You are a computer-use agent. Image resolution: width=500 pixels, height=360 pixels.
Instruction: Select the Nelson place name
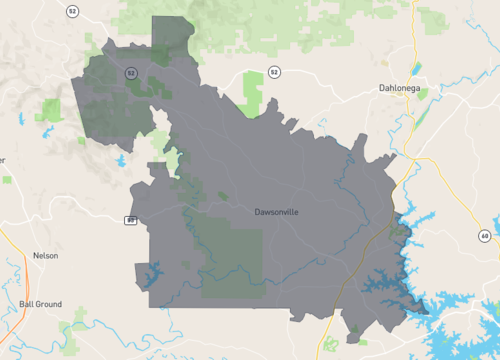pos(45,255)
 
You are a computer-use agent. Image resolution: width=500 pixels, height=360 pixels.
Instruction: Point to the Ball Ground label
pos(40,304)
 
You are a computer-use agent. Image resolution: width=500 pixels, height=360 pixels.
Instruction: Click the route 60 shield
pos(483,235)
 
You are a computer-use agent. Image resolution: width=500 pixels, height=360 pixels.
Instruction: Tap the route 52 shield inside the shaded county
pos(130,72)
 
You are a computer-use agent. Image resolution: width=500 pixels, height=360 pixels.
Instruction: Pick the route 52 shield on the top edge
pos(72,10)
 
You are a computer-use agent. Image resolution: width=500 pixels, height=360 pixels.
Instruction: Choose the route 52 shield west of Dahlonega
pos(274,72)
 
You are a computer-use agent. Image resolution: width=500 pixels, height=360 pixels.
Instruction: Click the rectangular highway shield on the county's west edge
pos(130,219)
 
